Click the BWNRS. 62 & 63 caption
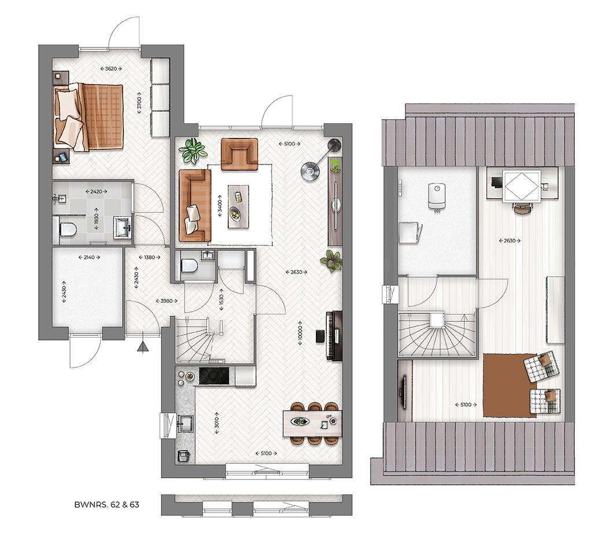(x=107, y=504)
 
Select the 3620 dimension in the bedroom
(x=111, y=68)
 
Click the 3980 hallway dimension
(x=167, y=301)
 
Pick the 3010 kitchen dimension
(x=216, y=422)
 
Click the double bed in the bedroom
(x=89, y=117)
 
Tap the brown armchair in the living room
(x=239, y=154)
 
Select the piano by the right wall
(x=334, y=335)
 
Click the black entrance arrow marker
(x=143, y=346)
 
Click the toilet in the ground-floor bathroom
(x=67, y=229)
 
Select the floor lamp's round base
(x=310, y=170)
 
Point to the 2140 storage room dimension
(x=89, y=257)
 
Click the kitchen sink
(x=185, y=422)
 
